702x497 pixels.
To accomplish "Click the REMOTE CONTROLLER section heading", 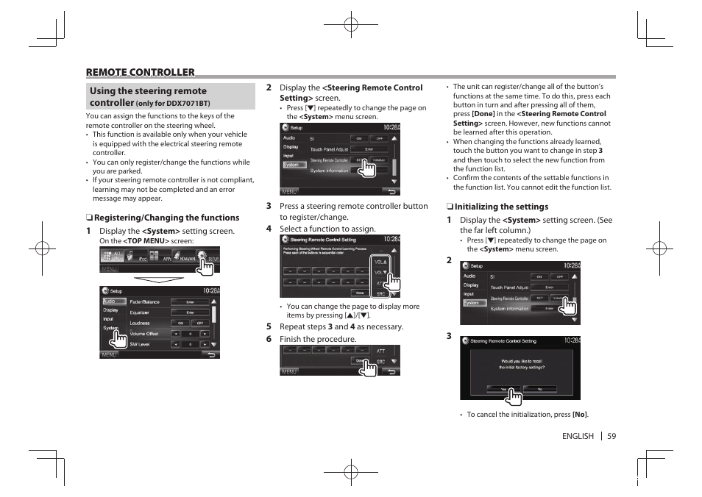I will tap(140, 72).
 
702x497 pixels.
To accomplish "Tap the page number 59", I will tap(611, 436).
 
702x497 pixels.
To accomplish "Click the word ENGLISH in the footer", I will tap(578, 436).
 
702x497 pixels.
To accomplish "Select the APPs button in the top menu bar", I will tap(166, 258).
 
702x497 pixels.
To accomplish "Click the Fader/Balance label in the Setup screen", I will tap(144, 301).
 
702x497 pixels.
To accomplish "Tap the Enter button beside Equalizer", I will tap(190, 312).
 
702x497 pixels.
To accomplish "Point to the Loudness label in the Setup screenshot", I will tap(140, 323).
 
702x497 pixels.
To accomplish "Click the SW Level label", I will tap(139, 344).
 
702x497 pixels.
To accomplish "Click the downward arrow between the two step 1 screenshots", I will tap(158, 279).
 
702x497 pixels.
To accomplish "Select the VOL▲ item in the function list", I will tap(380, 262).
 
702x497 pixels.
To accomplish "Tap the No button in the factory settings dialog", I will tap(539, 388).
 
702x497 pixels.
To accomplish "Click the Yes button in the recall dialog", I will tap(503, 388).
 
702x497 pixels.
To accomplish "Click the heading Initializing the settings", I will tap(500, 207).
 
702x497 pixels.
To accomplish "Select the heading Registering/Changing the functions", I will tap(166, 218).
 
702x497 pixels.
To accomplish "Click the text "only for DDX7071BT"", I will tap(173, 104).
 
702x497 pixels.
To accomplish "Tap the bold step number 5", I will tap(269, 326).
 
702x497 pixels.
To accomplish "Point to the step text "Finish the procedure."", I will tap(318, 339).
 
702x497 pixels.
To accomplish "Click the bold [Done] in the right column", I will tap(483, 114).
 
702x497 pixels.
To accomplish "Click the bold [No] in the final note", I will tap(580, 415).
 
